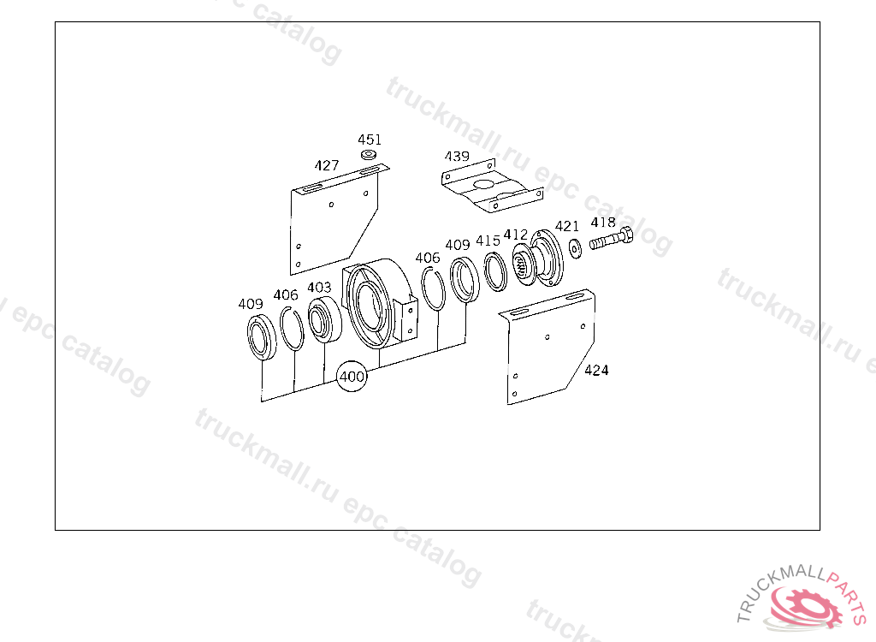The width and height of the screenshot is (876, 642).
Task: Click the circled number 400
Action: [352, 377]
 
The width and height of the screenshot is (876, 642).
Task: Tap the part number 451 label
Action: [370, 140]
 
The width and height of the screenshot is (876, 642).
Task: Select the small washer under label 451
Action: [368, 154]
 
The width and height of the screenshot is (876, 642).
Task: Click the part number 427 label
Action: [326, 165]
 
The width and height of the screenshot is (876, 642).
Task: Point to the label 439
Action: [457, 156]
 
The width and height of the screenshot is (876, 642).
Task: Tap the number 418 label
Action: [603, 222]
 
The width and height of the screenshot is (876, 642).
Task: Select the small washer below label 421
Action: [575, 247]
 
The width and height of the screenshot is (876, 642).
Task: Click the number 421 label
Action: [567, 226]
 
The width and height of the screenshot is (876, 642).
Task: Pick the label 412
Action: [516, 235]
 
